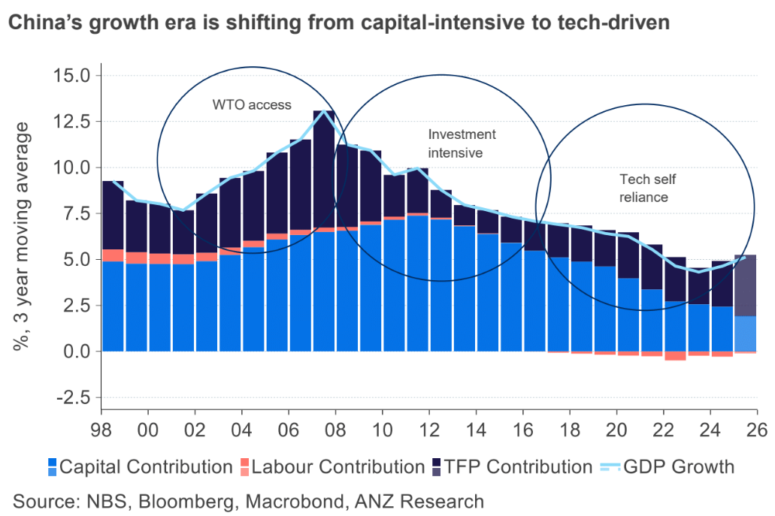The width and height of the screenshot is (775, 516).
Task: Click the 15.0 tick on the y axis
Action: click(x=71, y=76)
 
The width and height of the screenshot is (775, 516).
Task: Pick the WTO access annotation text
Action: click(x=251, y=105)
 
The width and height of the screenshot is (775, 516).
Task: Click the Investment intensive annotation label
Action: click(x=462, y=143)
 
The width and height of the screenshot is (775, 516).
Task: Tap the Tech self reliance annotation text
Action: click(x=643, y=188)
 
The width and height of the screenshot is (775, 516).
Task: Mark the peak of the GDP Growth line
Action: click(x=324, y=111)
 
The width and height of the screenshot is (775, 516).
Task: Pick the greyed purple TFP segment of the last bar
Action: click(x=745, y=285)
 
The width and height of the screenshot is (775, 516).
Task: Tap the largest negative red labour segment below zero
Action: click(x=675, y=356)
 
